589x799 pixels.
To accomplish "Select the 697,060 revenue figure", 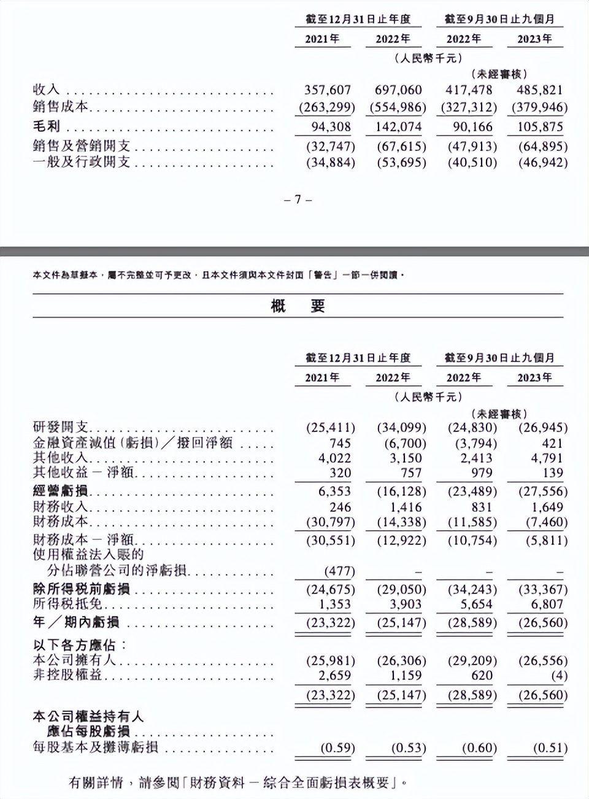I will (398, 90).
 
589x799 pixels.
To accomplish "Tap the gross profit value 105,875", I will (540, 127).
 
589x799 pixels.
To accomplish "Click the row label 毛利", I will (47, 127).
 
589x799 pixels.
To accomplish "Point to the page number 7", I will (298, 199).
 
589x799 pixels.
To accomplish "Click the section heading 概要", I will (298, 306).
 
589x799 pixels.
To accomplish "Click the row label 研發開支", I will (61, 428).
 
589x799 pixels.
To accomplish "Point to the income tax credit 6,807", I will (546, 604).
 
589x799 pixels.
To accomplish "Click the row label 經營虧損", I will (61, 492).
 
